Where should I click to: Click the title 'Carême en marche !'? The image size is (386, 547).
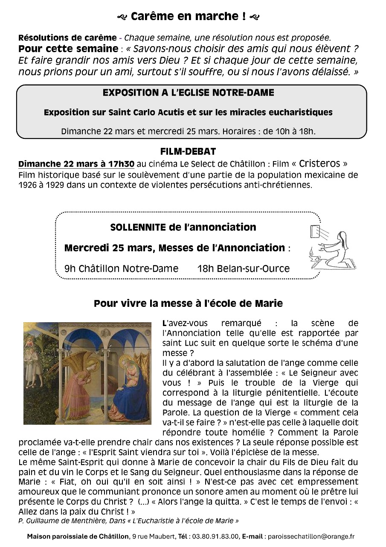coord(188,17)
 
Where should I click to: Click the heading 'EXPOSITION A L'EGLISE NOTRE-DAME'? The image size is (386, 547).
coord(189,92)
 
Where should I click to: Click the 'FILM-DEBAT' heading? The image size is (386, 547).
coord(188,151)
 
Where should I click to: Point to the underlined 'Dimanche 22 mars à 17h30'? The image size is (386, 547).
coord(76,164)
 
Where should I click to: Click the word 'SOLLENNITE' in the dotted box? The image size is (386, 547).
coord(138,227)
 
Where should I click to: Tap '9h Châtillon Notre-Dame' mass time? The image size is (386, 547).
coord(121,268)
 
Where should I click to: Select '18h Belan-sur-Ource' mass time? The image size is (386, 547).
coord(243,268)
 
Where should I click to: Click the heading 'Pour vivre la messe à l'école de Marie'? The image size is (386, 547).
coord(188,304)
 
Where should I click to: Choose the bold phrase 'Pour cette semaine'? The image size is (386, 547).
coord(68,48)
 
